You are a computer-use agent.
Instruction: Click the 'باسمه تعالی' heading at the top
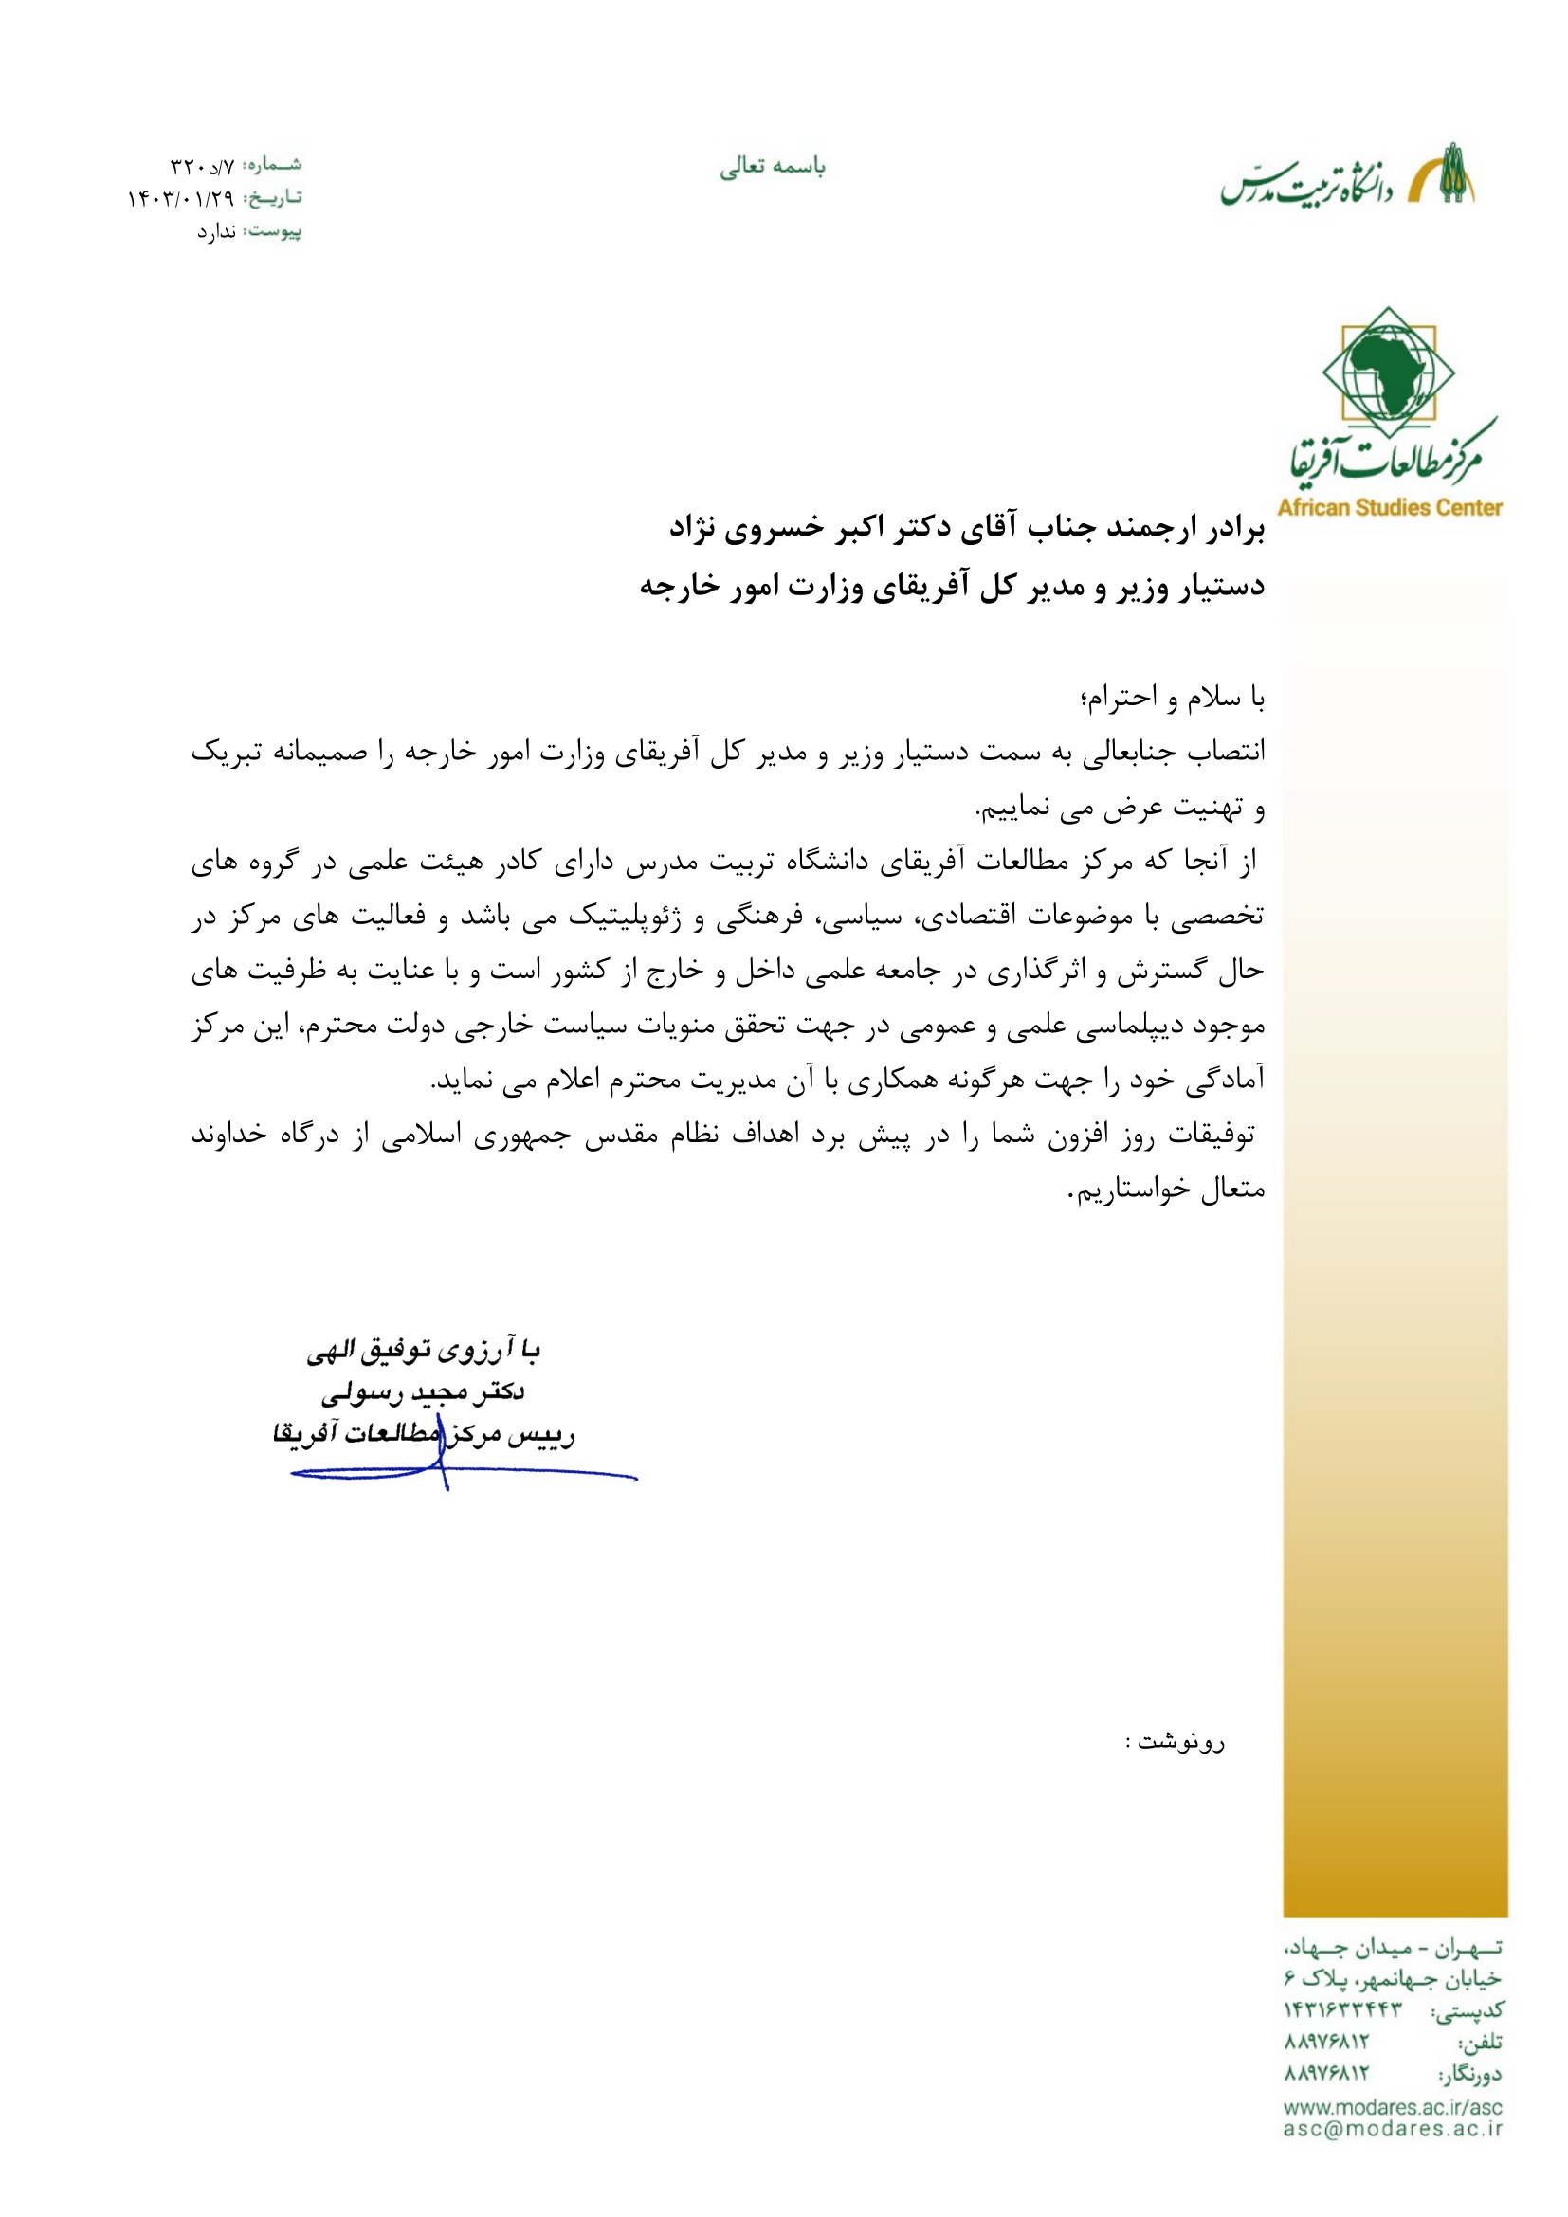click(773, 168)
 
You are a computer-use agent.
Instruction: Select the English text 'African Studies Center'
click(1390, 507)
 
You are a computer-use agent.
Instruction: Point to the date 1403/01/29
click(181, 199)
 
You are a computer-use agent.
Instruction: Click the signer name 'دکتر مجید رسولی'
click(423, 1392)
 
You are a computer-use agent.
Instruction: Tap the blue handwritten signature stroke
click(464, 1475)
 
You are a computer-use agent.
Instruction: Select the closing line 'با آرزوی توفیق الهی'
click(423, 1351)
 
